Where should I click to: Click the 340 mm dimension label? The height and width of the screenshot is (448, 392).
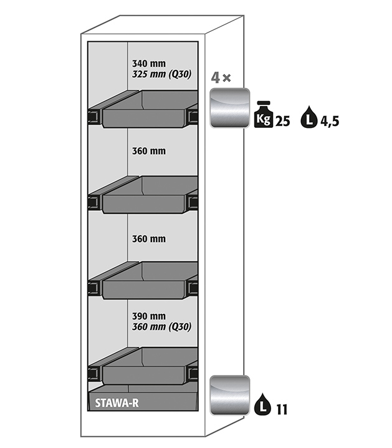tap(149, 63)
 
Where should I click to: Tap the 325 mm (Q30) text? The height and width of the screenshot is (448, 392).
tap(161, 74)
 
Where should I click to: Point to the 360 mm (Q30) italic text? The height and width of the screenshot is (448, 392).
tap(161, 326)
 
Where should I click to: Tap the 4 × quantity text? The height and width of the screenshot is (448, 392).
tap(221, 79)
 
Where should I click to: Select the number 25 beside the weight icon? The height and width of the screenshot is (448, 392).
tap(282, 121)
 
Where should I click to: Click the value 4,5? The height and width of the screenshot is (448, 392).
tap(330, 121)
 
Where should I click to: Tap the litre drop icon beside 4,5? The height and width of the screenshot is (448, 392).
tap(308, 117)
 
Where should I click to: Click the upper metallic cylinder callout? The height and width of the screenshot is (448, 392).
tap(229, 107)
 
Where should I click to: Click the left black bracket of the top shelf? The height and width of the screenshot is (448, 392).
tap(95, 115)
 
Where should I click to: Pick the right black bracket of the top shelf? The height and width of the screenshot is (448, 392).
tap(193, 115)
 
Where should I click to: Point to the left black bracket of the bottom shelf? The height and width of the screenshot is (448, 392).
tap(95, 373)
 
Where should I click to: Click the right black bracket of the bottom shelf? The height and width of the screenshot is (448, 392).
tap(193, 373)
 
